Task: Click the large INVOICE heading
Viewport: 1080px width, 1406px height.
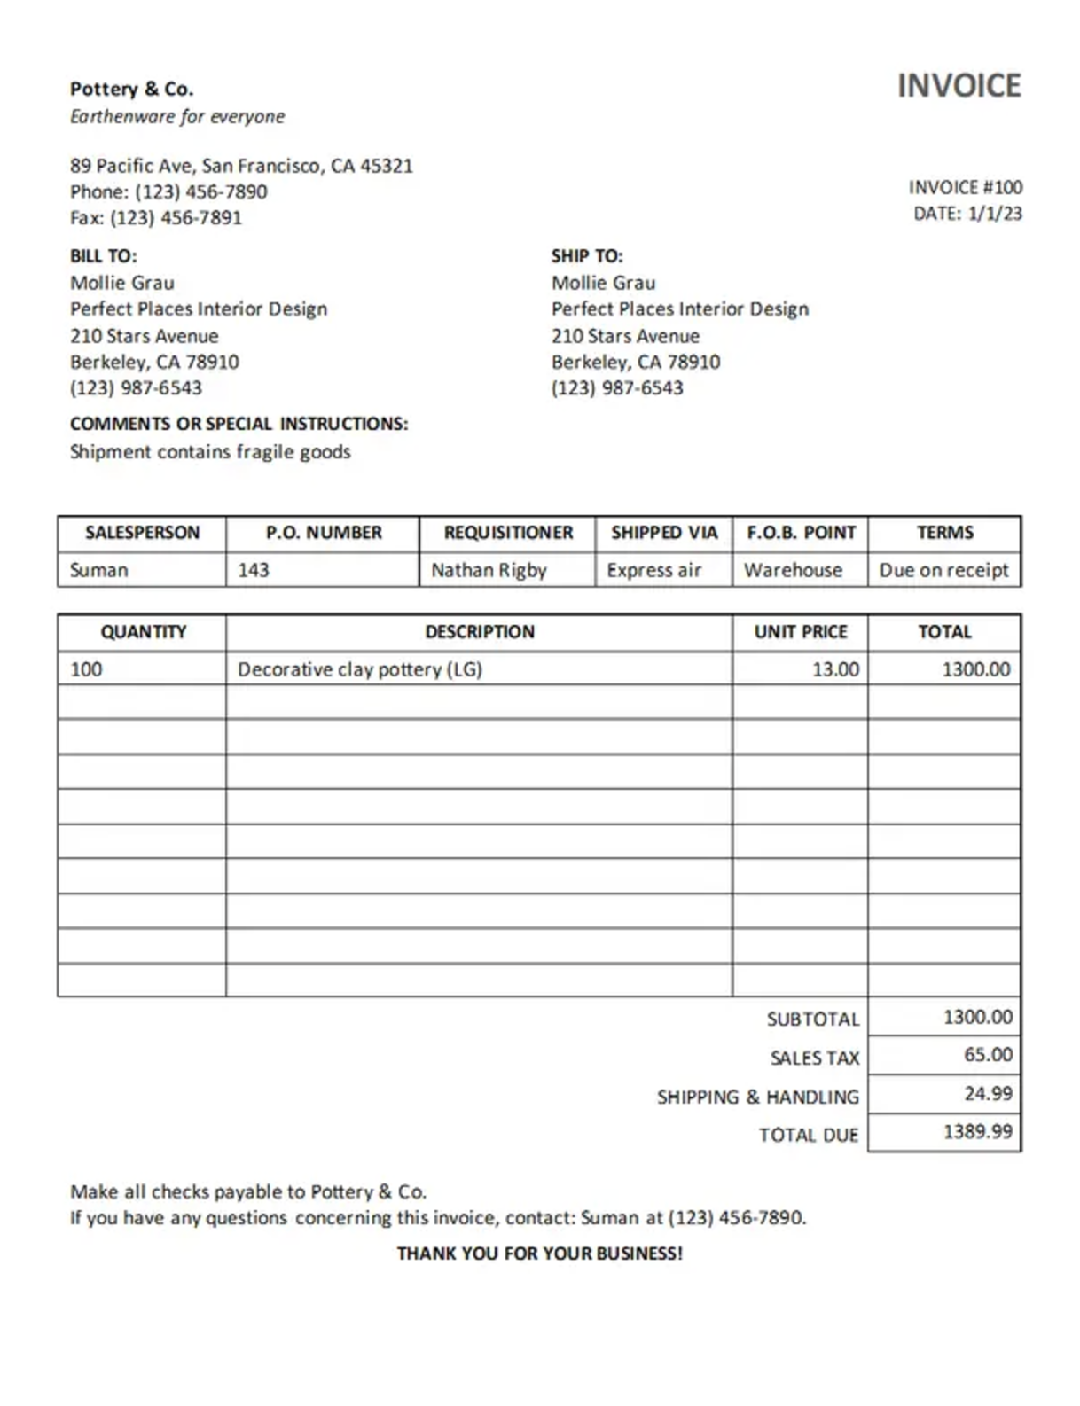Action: (x=959, y=86)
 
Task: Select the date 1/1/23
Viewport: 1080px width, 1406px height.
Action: (x=995, y=214)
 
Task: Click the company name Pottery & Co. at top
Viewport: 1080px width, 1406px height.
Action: (x=131, y=89)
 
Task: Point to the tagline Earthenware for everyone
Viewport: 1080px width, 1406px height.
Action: (x=177, y=116)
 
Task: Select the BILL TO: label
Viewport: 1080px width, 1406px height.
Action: (x=103, y=256)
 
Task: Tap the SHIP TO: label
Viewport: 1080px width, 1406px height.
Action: (x=587, y=256)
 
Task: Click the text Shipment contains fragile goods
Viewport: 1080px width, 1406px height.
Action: (x=210, y=452)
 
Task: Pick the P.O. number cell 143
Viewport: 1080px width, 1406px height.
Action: (x=254, y=570)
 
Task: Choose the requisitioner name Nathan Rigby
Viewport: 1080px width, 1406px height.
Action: (x=489, y=570)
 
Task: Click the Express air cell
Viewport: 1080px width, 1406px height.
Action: (x=653, y=570)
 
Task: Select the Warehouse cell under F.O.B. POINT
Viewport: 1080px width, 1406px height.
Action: (x=793, y=570)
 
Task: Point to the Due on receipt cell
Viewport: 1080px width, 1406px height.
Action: (x=943, y=570)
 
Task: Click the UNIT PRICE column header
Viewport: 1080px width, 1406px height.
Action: (x=801, y=632)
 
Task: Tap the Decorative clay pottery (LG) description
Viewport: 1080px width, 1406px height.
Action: (x=359, y=669)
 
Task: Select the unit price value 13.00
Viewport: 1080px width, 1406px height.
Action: (x=835, y=669)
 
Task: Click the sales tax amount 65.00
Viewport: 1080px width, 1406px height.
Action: (x=988, y=1055)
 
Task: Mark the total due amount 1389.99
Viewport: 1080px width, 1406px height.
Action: (x=977, y=1132)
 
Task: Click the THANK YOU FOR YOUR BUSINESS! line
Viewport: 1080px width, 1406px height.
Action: (x=539, y=1254)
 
